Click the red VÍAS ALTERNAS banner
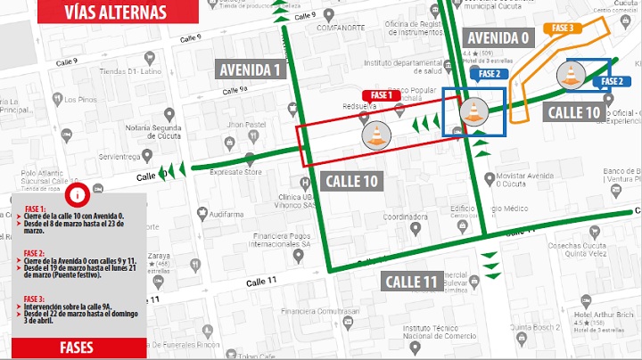[x=114, y=12]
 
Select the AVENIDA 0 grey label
[x=498, y=37]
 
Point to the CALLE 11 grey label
[x=412, y=282]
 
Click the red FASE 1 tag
[x=382, y=95]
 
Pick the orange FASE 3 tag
[x=563, y=29]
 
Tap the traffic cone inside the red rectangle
[x=376, y=135]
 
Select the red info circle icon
[x=78, y=194]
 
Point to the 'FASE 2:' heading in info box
[x=34, y=253]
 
